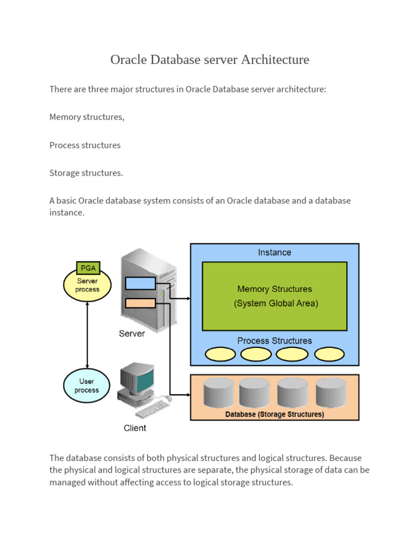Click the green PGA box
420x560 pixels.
pyautogui.click(x=87, y=269)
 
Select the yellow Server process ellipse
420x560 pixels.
pyautogui.click(x=87, y=285)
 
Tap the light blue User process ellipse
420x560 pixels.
pyautogui.click(x=87, y=386)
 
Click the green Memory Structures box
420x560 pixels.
pyautogui.click(x=275, y=296)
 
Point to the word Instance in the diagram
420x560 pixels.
pyautogui.click(x=275, y=252)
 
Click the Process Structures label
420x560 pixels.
pyautogui.click(x=275, y=341)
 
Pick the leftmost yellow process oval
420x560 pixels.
pyautogui.click(x=220, y=354)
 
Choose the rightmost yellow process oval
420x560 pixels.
pyautogui.click(x=330, y=354)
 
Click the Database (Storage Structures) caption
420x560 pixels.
pyautogui.click(x=275, y=415)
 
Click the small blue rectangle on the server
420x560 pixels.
pyautogui.click(x=141, y=283)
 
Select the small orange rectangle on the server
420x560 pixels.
pyautogui.click(x=141, y=303)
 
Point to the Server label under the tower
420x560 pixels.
pyautogui.click(x=132, y=334)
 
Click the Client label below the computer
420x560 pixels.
pyautogui.click(x=135, y=428)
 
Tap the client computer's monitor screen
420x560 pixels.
pyautogui.click(x=144, y=381)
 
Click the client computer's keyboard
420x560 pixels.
pyautogui.click(x=150, y=409)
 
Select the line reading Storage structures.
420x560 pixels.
pyautogui.click(x=86, y=173)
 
